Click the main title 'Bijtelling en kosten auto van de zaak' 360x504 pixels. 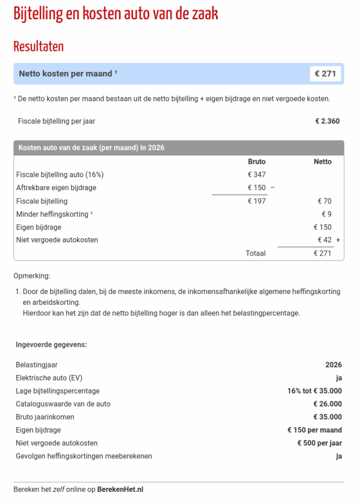[116, 14]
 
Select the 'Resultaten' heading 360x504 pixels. [38, 46]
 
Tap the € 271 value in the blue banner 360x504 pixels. [325, 74]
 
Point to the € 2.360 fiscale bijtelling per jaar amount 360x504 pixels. [327, 121]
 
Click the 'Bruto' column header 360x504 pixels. [256, 161]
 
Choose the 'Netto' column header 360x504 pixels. [322, 161]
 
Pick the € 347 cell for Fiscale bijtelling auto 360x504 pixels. [256, 175]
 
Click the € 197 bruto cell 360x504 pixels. [256, 201]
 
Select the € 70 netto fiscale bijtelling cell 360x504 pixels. [324, 201]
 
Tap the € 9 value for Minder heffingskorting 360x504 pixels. [326, 214]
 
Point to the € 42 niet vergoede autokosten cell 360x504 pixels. [324, 240]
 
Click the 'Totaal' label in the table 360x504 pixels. [255, 253]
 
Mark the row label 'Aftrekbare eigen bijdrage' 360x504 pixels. [56, 188]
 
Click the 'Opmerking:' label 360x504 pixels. [32, 276]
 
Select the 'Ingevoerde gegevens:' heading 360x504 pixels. [51, 345]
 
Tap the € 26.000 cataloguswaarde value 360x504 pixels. [327, 404]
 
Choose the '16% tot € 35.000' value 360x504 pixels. [314, 391]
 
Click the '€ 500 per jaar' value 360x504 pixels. [319, 443]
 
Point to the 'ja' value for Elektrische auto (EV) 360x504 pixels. [338, 378]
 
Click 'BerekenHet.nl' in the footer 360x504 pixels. [120, 489]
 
